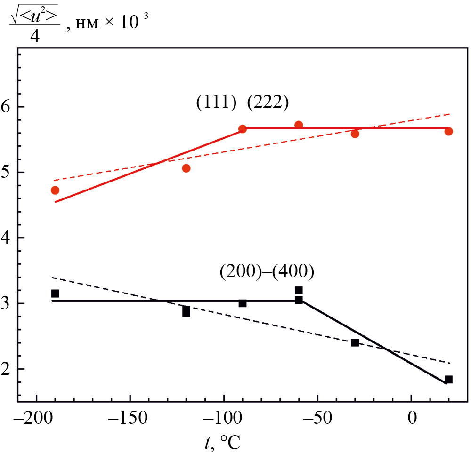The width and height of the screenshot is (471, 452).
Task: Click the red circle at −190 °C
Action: tap(55, 190)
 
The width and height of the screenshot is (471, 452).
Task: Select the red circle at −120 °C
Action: tap(186, 168)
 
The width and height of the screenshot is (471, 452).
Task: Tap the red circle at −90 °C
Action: tap(243, 129)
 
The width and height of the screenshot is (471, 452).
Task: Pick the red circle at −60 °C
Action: tap(299, 125)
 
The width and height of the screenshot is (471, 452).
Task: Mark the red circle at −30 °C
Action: tap(355, 134)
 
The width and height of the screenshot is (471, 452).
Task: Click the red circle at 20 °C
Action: tap(448, 131)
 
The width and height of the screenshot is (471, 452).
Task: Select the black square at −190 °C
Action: tap(55, 293)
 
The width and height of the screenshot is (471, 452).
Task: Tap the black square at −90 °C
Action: tap(243, 303)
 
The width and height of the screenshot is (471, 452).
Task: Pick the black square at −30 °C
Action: tap(355, 342)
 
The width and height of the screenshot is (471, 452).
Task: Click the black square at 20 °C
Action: tap(448, 379)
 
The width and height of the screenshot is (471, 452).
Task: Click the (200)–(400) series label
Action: tap(267, 272)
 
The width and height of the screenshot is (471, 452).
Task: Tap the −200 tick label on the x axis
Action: tap(33, 418)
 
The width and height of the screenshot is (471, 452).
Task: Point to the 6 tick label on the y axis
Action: tap(7, 107)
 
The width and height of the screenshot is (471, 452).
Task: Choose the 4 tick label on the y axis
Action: tap(7, 238)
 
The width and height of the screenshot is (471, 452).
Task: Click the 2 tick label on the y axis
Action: tap(7, 369)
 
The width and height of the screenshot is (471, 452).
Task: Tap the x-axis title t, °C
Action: tap(224, 441)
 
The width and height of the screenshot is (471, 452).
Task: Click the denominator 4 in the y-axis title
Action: tap(34, 36)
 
